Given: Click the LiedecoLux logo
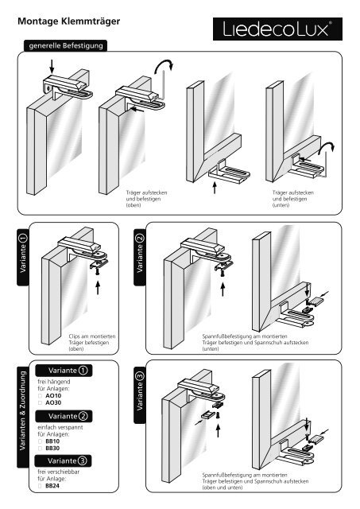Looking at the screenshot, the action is [277, 29].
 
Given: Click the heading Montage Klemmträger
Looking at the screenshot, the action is [69, 21].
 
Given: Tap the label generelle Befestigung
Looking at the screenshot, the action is [65, 46].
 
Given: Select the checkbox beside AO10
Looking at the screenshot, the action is [41, 396].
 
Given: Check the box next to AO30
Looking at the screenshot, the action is [41, 403].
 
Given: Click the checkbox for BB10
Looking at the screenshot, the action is [41, 441].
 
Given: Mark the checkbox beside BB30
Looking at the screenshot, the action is [41, 449].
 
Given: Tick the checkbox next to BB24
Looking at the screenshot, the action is [41, 486].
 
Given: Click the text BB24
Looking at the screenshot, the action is [52, 486].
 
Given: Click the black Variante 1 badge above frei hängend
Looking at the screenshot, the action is [64, 371].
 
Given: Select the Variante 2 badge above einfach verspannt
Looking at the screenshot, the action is [64, 416].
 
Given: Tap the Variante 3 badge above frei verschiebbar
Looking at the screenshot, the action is [64, 461].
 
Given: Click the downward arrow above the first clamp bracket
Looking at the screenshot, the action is [52, 67].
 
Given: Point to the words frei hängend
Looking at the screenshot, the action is [54, 382].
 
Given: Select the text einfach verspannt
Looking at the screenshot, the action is [60, 428].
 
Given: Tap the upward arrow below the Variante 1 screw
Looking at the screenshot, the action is [98, 288].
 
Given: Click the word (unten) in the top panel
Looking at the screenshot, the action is [281, 205].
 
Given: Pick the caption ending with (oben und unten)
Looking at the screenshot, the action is [255, 481].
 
